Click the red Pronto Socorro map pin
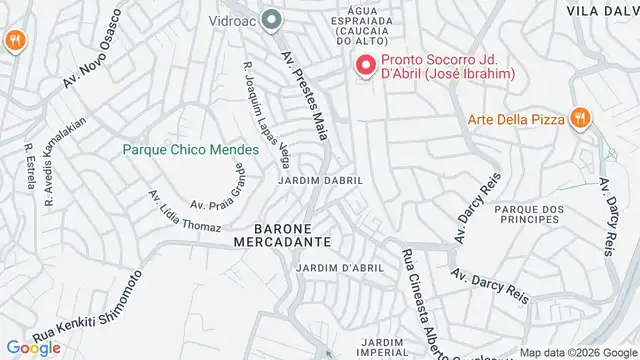pos(364,67)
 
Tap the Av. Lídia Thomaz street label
pos(184,211)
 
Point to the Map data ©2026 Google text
pos(577,353)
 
